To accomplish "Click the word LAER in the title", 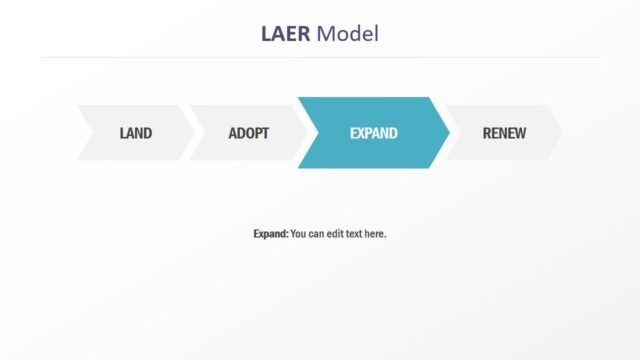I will [x=285, y=34].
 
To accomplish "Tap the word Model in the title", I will [x=348, y=34].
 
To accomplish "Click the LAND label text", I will [x=135, y=133].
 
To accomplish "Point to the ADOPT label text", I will [x=248, y=133].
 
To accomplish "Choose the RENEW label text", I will [x=504, y=133].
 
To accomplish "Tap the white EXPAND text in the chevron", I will [x=373, y=133].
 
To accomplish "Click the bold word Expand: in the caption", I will [x=270, y=234].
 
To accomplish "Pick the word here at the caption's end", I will [x=375, y=234].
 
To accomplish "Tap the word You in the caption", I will [x=299, y=234].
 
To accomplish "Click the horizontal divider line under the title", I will [x=320, y=58].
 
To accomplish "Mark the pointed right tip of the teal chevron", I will [x=448, y=133].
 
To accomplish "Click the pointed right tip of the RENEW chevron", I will [x=562, y=133].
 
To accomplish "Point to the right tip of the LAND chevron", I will [x=193, y=133].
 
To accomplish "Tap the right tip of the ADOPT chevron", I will [x=304, y=133].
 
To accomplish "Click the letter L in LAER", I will [x=266, y=34].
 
